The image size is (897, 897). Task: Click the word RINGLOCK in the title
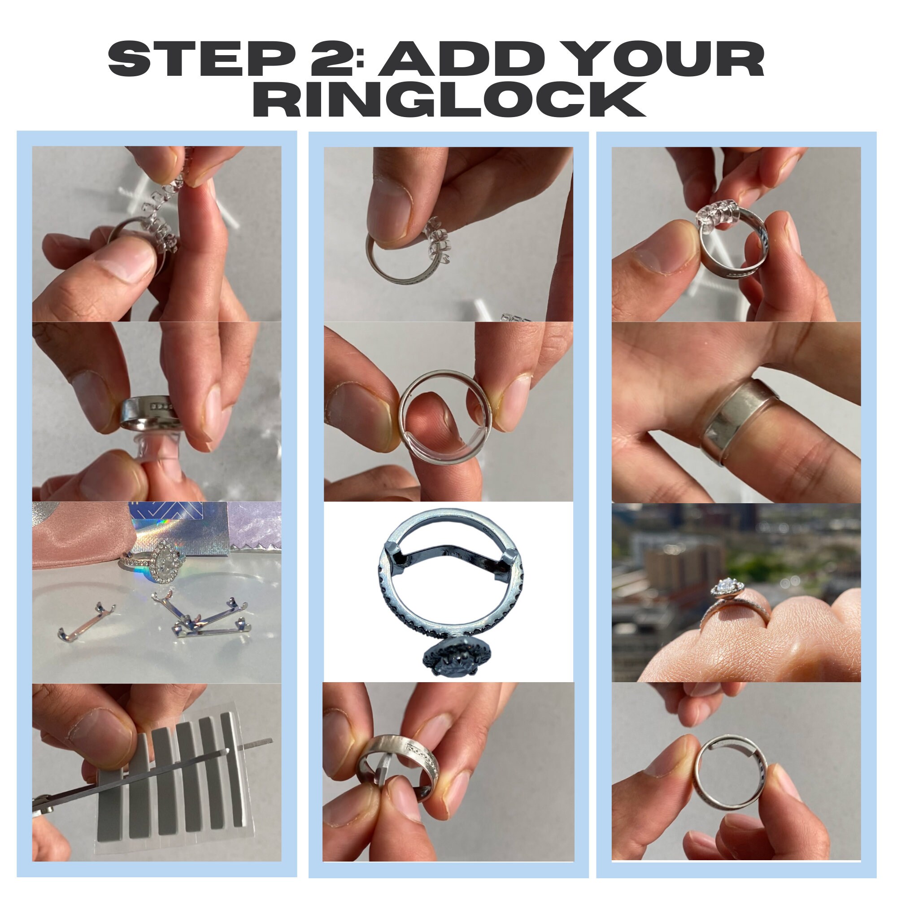(x=448, y=100)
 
